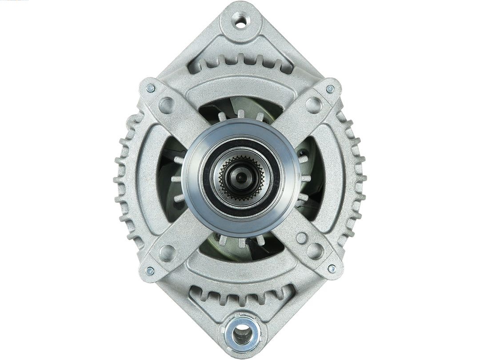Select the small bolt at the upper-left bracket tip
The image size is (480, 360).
[150, 88]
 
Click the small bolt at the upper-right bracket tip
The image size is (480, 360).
[330, 89]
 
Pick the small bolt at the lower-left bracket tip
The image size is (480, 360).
[150, 270]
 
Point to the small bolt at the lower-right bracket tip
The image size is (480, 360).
[332, 268]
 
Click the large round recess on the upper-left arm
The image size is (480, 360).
[167, 105]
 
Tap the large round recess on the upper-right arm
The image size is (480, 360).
[314, 105]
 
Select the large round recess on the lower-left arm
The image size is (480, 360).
[167, 252]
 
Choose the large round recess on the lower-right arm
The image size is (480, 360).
[315, 251]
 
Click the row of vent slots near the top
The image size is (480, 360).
[240, 64]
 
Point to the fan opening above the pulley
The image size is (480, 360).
[240, 109]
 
